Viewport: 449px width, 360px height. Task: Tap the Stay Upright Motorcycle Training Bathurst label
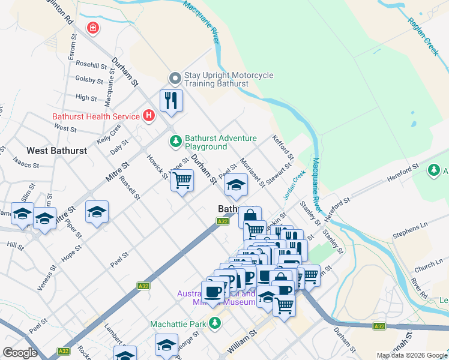click(228, 79)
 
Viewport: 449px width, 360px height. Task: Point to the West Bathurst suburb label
click(57, 150)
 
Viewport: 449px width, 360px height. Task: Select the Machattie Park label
click(178, 325)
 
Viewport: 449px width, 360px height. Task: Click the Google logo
click(20, 353)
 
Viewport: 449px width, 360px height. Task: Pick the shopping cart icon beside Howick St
click(182, 180)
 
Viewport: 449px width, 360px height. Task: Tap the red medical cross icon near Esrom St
click(92, 28)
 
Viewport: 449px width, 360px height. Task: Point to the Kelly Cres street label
click(108, 138)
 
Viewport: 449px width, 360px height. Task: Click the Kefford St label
click(282, 146)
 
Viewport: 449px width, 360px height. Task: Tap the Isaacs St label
click(26, 164)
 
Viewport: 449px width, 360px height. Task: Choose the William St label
click(242, 340)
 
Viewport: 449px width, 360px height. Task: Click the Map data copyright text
click(412, 355)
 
